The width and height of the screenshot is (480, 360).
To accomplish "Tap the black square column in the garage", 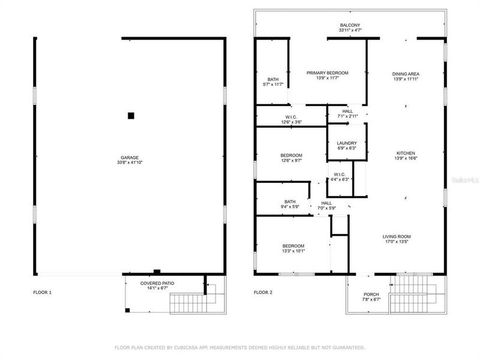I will click(131, 115).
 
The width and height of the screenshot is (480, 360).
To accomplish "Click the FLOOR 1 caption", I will click(42, 292).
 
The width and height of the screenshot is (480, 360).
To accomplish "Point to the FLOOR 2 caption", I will click(263, 292).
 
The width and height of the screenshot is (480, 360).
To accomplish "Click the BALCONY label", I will click(350, 25).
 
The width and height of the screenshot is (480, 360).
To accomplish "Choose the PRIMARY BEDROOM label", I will click(327, 73).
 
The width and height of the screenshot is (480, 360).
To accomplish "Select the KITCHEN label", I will click(406, 153).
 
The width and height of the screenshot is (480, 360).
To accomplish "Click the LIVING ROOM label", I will click(397, 236).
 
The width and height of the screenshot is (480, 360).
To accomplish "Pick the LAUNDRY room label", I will click(347, 143).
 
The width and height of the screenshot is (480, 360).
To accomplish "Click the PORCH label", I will click(371, 295).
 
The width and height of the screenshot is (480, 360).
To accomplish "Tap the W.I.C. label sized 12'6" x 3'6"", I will click(291, 117).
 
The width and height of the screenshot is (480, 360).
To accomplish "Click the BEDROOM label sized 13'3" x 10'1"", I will click(293, 246).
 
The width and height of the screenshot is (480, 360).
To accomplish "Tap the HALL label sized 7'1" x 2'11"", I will click(347, 111).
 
